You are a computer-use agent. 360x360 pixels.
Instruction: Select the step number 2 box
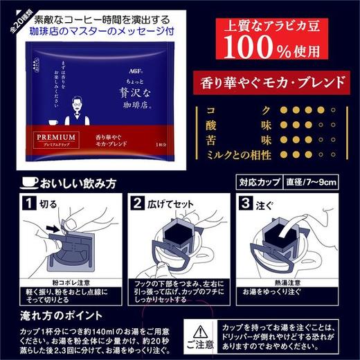click(137, 204)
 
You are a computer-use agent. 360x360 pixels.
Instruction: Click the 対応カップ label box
click(255, 182)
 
